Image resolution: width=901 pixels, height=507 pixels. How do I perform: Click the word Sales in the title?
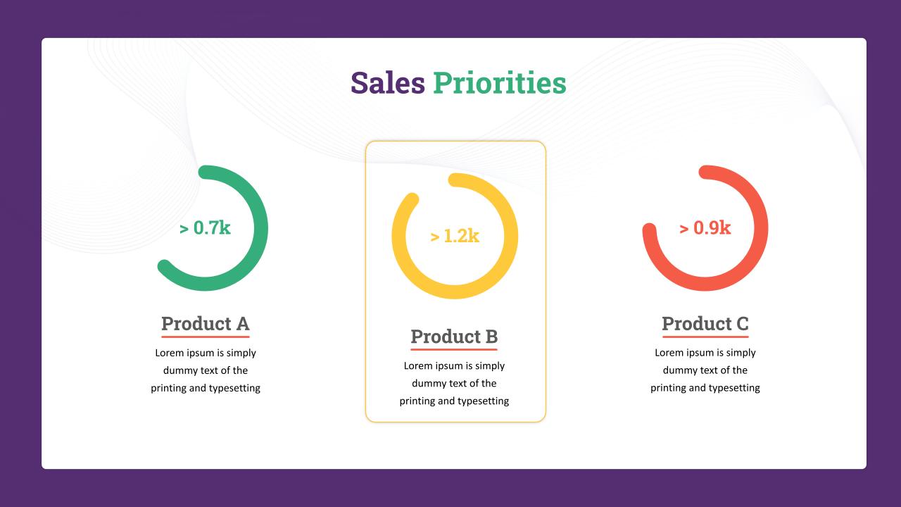pos(388,83)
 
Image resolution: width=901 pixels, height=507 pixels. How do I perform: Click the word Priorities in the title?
pos(500,83)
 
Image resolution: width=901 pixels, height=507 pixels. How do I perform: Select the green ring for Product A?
pos(260,227)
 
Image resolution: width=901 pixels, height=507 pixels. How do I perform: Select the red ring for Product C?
pos(761,227)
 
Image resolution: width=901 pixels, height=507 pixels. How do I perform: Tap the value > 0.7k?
pos(205,227)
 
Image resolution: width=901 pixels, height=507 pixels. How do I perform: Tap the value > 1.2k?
pos(455,236)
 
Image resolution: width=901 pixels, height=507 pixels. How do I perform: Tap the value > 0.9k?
pos(705,227)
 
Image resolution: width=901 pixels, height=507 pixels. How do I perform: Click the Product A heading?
pos(206,323)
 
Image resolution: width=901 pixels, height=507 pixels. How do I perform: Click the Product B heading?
pos(454,337)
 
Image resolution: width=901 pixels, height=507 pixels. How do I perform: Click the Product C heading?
pos(705,323)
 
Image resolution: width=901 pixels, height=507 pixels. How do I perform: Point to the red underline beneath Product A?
pos(206,337)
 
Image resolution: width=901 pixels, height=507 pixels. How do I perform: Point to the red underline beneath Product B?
pos(454,349)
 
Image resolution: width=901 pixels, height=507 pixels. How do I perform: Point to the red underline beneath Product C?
pos(705,337)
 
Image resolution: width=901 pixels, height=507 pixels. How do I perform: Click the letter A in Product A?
pos(243,323)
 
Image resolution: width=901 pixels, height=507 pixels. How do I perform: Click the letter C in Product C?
pos(743,323)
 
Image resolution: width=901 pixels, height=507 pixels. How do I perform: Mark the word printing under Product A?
pos(168,388)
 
